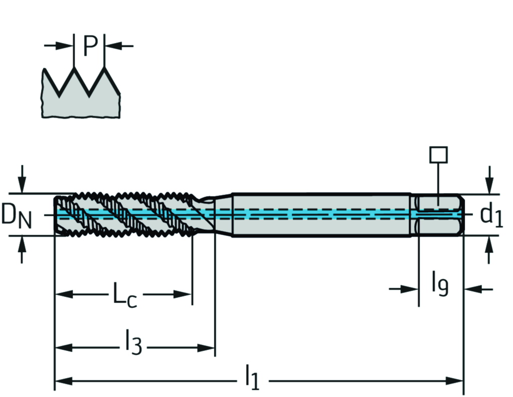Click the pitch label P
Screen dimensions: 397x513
point(89,46)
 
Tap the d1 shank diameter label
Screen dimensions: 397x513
point(490,215)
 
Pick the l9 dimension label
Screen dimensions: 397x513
point(440,285)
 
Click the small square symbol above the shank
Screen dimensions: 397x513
point(438,155)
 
